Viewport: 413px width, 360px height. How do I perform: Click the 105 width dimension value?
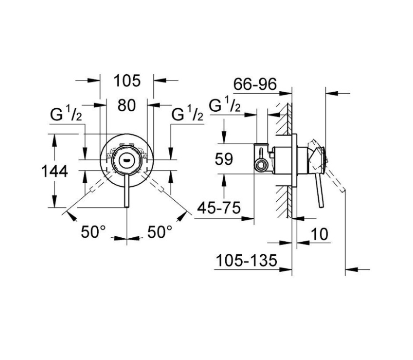pyautogui.click(x=127, y=81)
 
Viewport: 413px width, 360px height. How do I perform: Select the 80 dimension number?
pyautogui.click(x=127, y=105)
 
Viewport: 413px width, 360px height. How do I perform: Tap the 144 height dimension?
pyautogui.click(x=55, y=171)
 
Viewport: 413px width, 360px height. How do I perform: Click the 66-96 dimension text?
pyautogui.click(x=255, y=84)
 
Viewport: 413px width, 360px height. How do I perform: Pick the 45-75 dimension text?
pyautogui.click(x=219, y=208)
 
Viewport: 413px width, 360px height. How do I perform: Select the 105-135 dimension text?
pyautogui.click(x=247, y=261)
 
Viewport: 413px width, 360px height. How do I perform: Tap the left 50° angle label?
pyautogui.click(x=93, y=232)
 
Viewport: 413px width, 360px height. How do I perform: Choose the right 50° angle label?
pyautogui.click(x=160, y=232)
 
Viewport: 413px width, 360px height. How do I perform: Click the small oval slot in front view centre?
pyautogui.click(x=127, y=160)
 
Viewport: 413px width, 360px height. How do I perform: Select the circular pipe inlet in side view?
pyautogui.click(x=261, y=165)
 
